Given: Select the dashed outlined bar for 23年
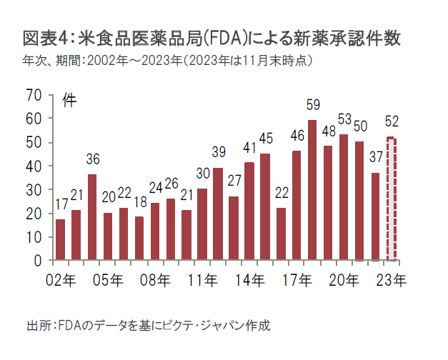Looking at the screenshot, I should pos(391,199).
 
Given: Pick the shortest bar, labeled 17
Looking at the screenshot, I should pos(60,240).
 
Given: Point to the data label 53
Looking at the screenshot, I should pos(344,119).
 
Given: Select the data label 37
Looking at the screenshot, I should pos(375,156).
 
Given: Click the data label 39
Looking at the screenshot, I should pos(219,151).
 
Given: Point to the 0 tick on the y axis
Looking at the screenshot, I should pos(39,261).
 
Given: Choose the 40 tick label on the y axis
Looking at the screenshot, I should pos(34,166).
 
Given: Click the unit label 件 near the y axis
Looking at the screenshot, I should pos(69,100).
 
